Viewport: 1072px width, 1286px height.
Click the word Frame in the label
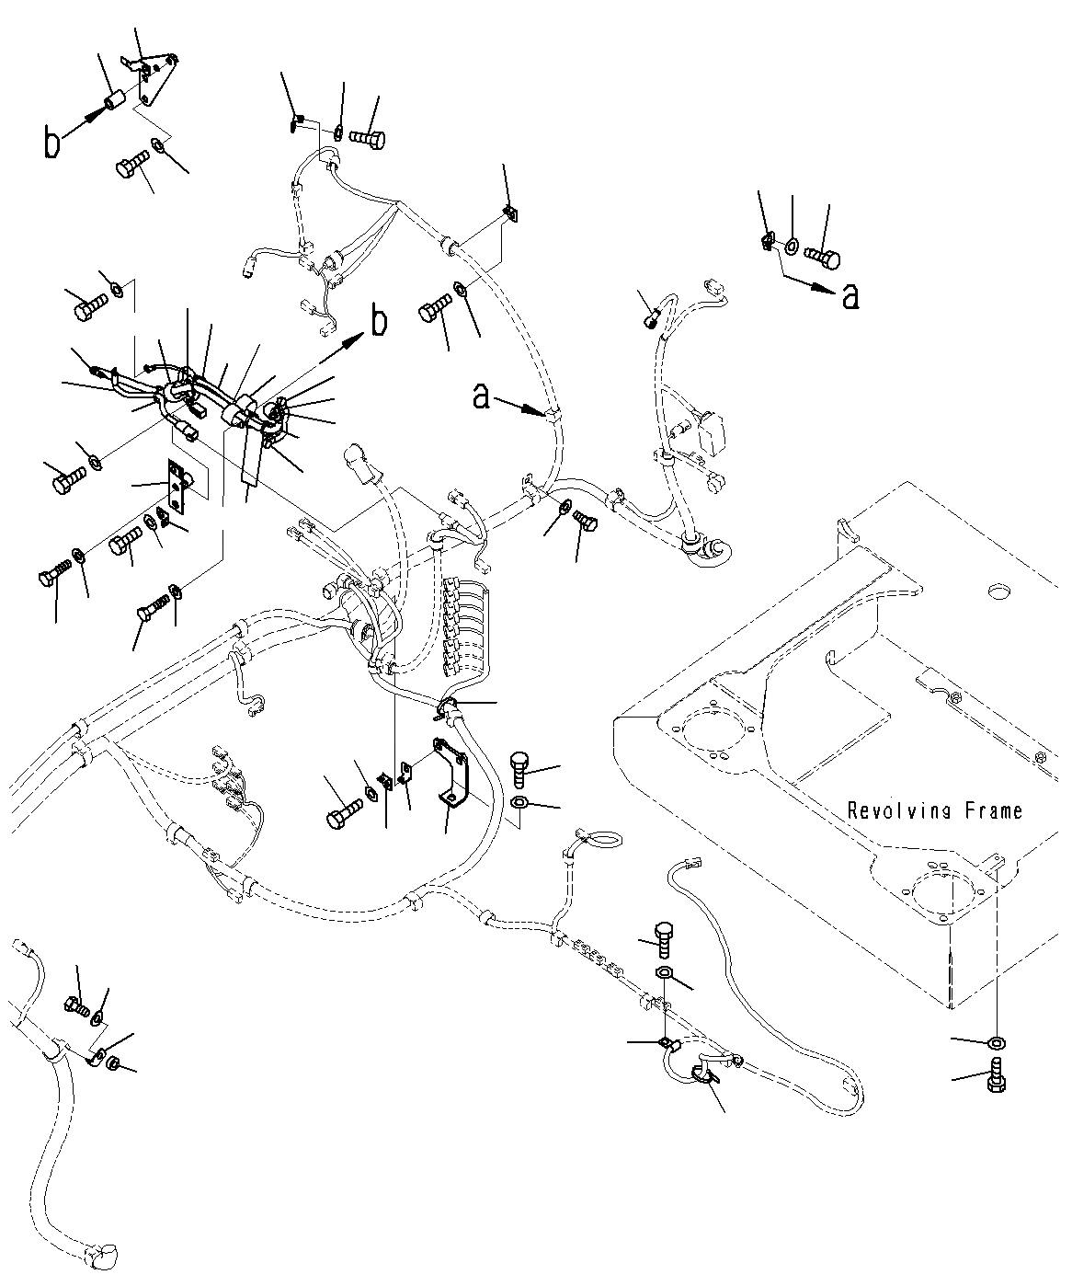(992, 810)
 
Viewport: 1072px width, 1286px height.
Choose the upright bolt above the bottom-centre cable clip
(666, 934)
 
